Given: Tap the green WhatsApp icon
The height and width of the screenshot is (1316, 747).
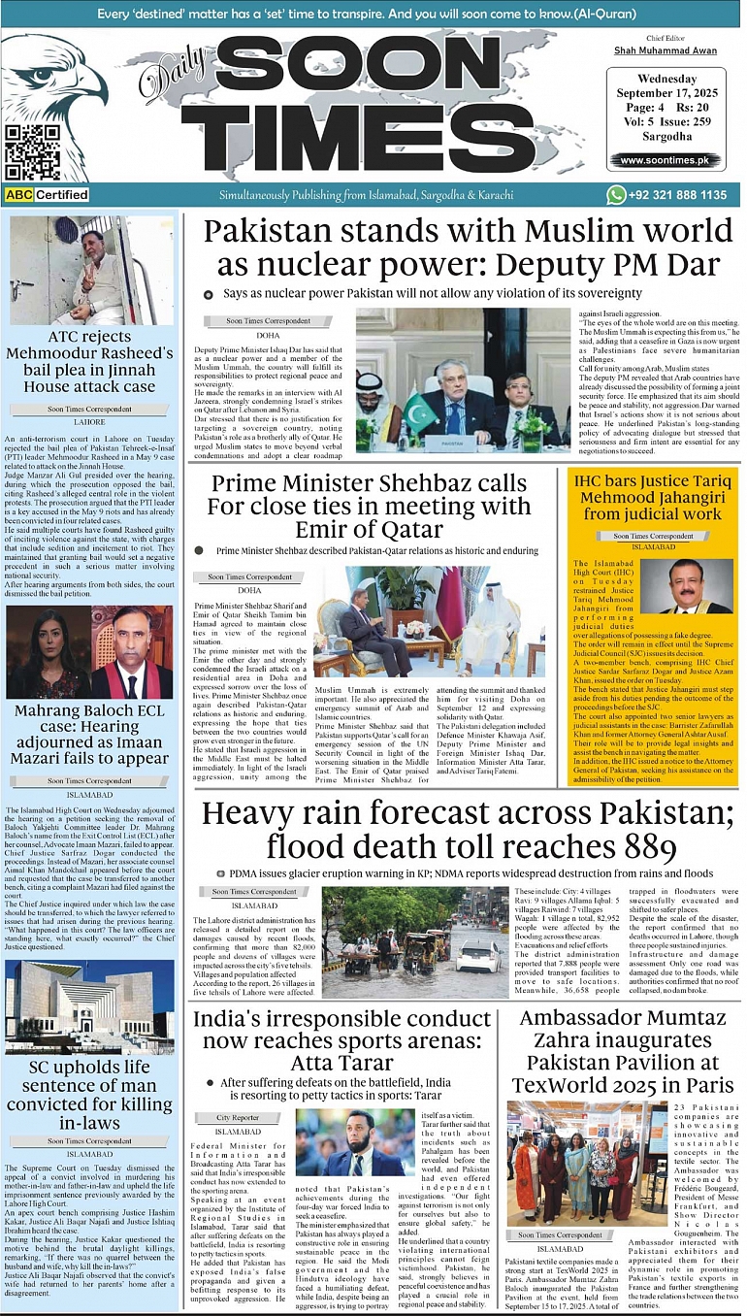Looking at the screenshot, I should pyautogui.click(x=615, y=195).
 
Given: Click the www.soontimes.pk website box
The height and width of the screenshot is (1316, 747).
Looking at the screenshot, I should pyautogui.click(x=665, y=160).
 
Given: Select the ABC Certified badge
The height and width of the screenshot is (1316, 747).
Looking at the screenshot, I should pyautogui.click(x=47, y=195).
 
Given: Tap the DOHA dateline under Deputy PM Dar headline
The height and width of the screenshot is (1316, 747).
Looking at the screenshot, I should pyautogui.click(x=269, y=335).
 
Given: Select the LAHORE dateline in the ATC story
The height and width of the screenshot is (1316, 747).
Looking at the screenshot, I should pyautogui.click(x=90, y=422).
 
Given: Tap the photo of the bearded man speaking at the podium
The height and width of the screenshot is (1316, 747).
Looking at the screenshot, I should pyautogui.click(x=355, y=1142).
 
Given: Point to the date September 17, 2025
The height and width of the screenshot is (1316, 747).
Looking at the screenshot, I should pyautogui.click(x=665, y=95).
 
